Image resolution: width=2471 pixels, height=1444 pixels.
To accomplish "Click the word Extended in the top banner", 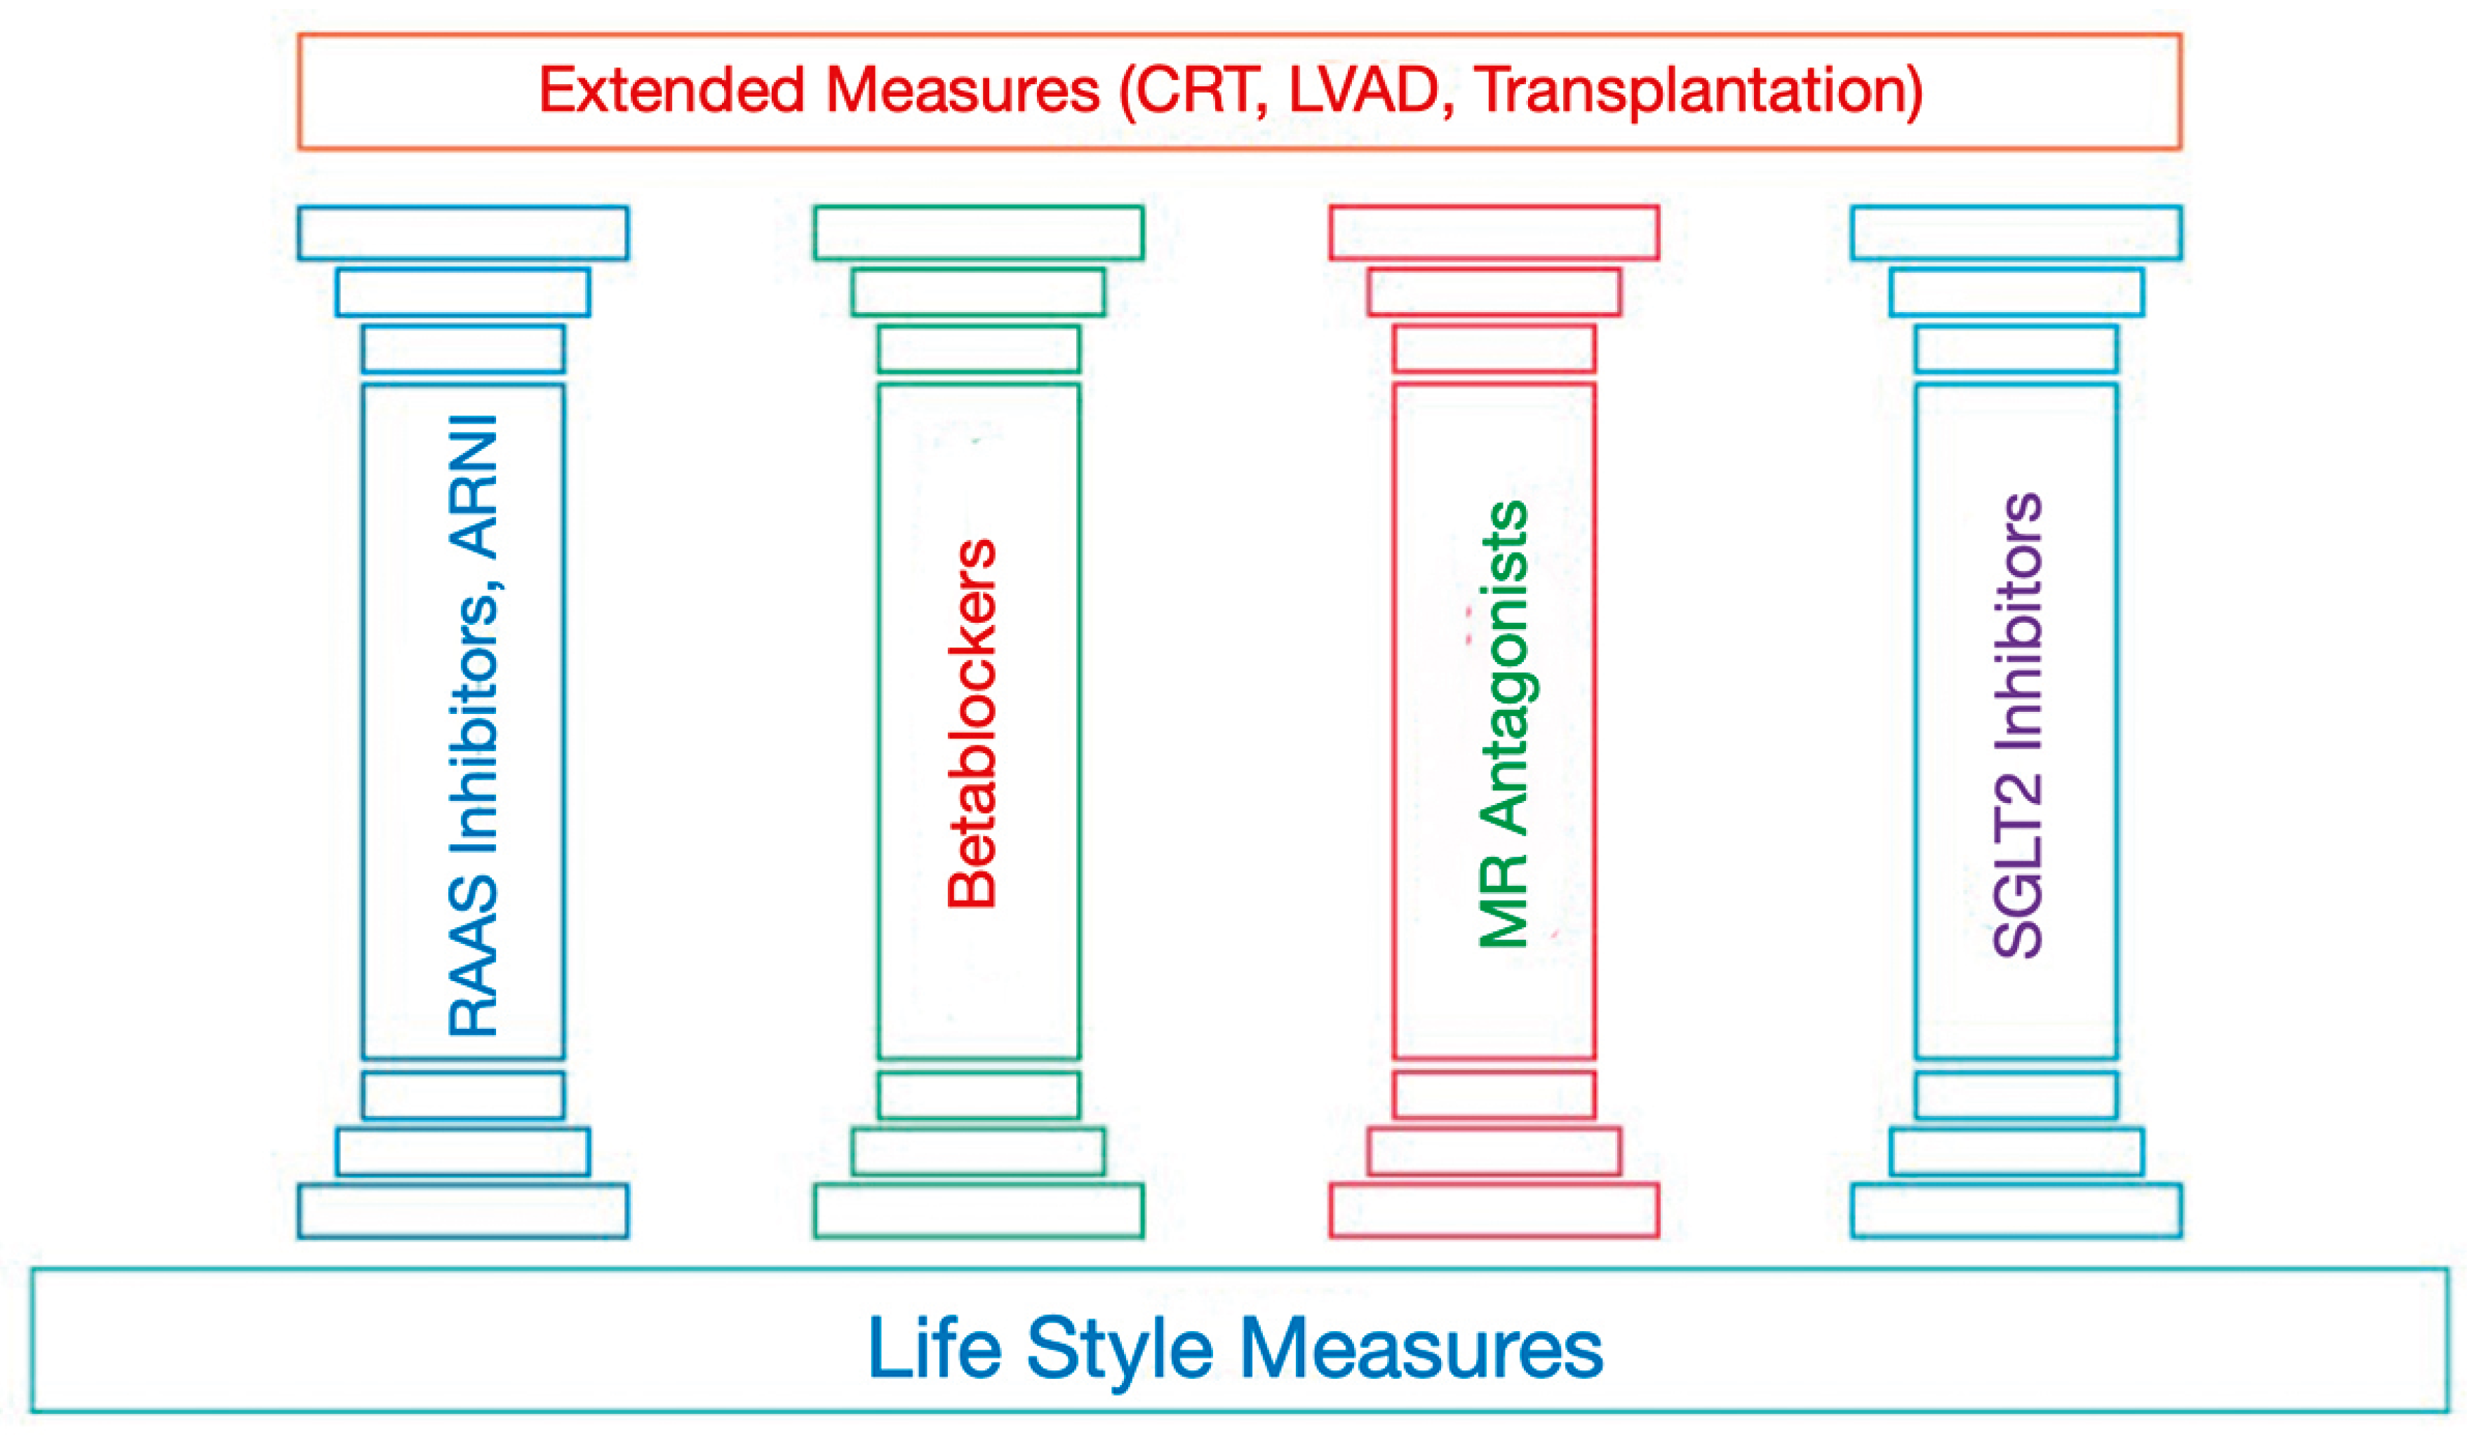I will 671,91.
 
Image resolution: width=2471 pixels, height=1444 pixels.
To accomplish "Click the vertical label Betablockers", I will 972,724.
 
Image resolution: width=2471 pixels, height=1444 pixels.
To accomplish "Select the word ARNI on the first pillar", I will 473,487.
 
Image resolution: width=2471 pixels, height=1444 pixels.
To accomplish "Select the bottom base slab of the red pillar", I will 1494,1210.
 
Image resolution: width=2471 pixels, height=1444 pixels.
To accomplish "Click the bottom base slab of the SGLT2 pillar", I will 2016,1210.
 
